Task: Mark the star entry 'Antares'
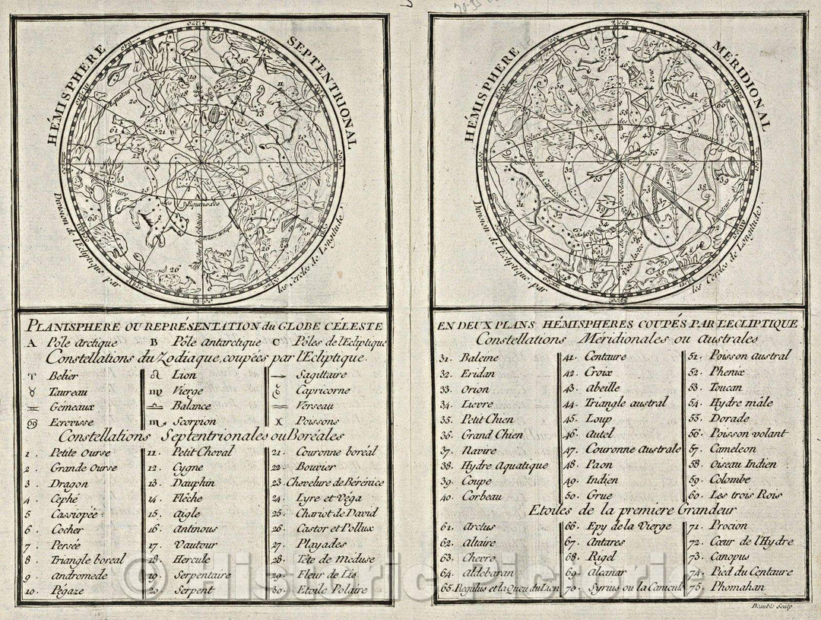pos(605,542)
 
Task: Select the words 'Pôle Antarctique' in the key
pos(217,342)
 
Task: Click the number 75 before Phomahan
pos(694,587)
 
